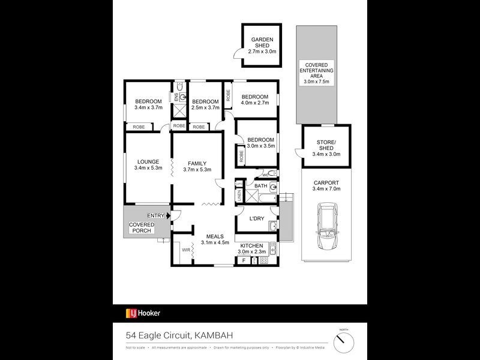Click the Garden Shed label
coord(262,43)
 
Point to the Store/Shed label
coord(326,148)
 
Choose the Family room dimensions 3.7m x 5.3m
coord(197,170)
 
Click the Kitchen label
coord(252,246)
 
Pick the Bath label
coord(260,186)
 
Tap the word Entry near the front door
coord(155,216)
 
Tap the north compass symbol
coord(344,342)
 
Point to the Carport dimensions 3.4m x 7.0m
coord(326,188)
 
